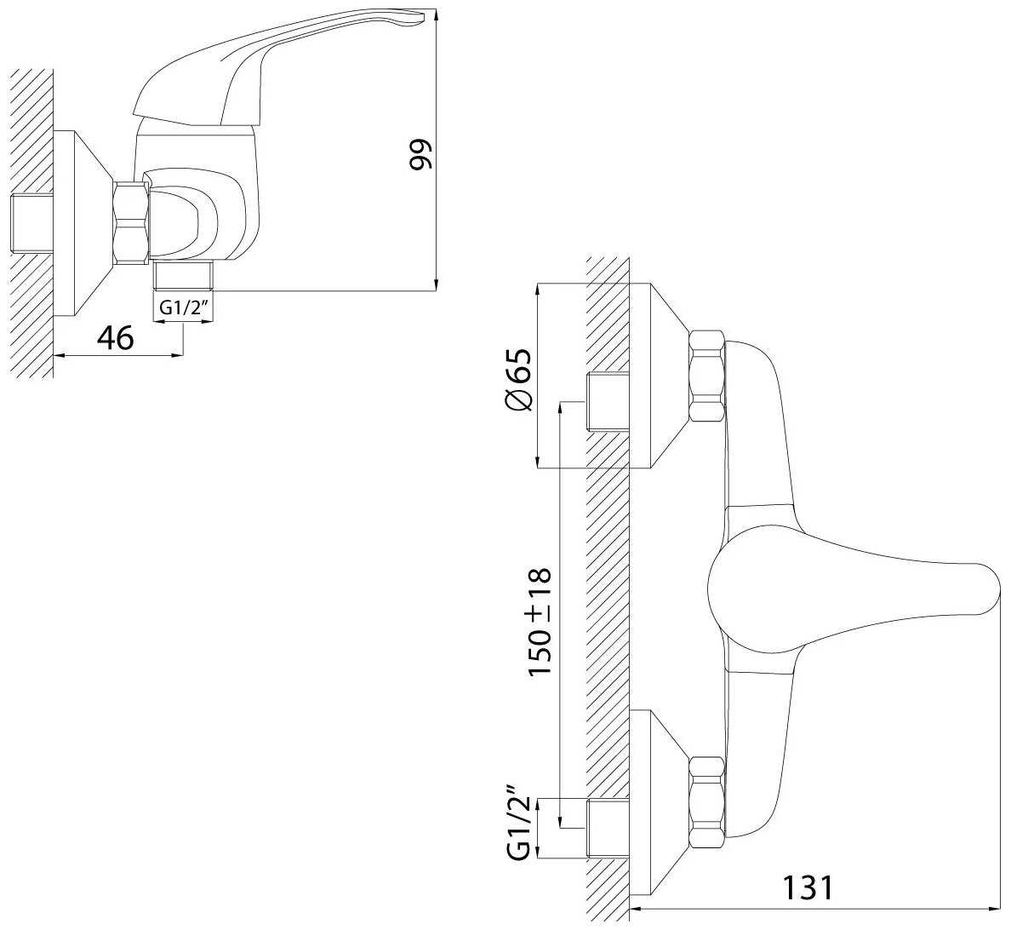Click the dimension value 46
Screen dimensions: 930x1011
point(115,338)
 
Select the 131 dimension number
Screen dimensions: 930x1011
point(808,887)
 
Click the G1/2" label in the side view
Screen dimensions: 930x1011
point(183,308)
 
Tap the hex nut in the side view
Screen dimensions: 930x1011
point(132,221)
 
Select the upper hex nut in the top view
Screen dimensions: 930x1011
point(706,376)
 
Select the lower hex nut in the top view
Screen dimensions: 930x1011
point(706,802)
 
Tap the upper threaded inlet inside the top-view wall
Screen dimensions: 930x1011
point(608,402)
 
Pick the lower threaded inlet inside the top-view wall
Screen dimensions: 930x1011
point(608,829)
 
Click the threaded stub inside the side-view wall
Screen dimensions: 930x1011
point(32,223)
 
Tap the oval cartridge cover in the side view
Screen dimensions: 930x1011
point(187,220)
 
